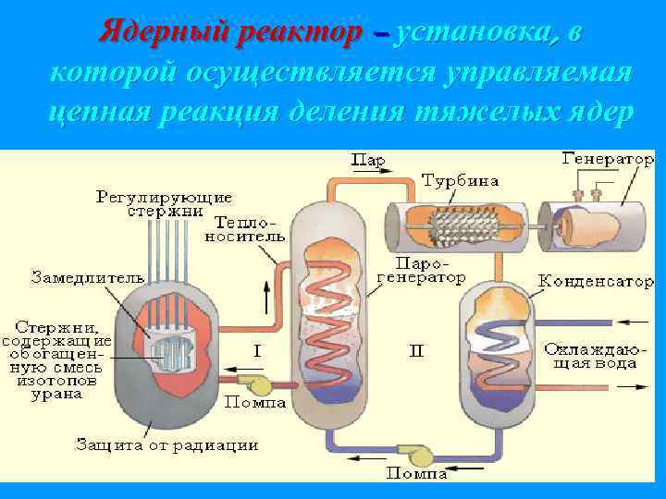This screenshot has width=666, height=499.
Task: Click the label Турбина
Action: [460, 180]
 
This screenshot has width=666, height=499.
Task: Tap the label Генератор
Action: [607, 159]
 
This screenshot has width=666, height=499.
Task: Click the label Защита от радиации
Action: [166, 444]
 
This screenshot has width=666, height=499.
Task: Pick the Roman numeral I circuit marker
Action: [257, 350]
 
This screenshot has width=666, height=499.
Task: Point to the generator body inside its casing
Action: [588, 225]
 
